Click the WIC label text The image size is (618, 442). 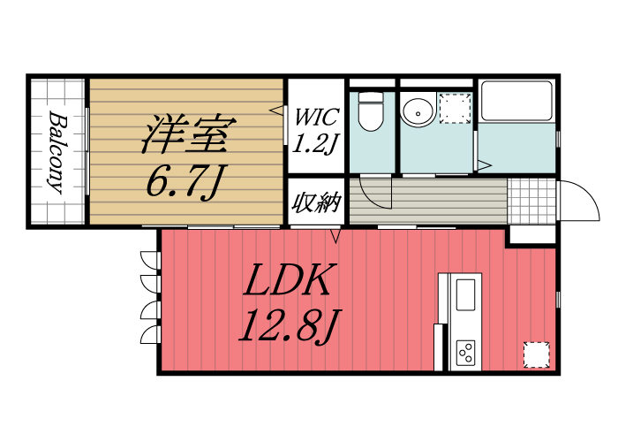[x=315, y=117]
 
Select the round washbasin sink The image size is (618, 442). [x=416, y=112]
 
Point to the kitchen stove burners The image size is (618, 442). [x=465, y=354]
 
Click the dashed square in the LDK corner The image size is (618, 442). [x=536, y=354]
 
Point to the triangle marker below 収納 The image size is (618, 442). [x=335, y=236]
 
